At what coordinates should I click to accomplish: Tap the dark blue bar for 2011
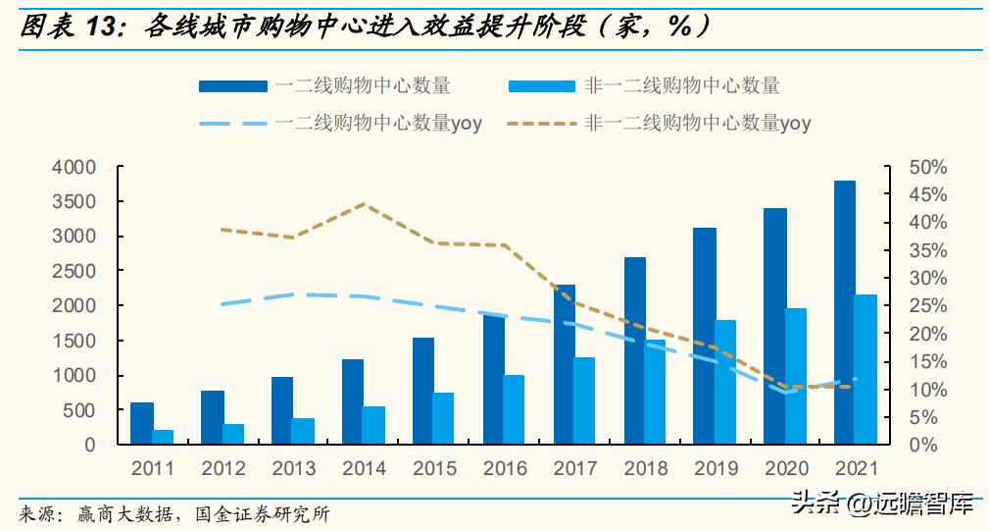pos(142,423)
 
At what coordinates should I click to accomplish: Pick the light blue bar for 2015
pos(444,418)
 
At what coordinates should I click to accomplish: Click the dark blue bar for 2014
pos(353,401)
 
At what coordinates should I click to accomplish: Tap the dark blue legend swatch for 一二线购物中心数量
pos(232,86)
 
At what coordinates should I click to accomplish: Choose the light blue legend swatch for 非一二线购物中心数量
pos(541,86)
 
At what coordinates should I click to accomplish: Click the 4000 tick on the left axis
pos(74,168)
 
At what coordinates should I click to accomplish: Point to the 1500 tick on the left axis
pos(74,342)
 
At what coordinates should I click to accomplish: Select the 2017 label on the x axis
pos(575,469)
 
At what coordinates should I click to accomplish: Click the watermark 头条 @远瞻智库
pos(881,505)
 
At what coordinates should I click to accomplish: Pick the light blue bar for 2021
pos(866,369)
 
